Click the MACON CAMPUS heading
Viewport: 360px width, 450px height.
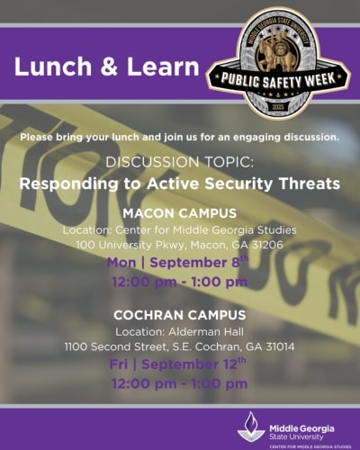pos(179,214)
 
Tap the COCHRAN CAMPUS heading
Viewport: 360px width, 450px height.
pos(179,315)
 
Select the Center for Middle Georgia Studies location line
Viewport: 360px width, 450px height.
pos(179,230)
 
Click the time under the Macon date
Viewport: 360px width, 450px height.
pos(179,282)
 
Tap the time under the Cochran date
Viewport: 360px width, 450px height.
pos(179,383)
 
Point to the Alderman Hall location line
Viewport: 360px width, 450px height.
pos(179,331)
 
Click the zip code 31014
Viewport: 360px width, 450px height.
pos(274,346)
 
